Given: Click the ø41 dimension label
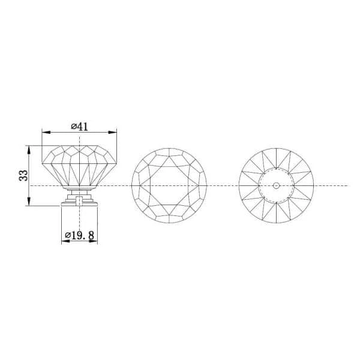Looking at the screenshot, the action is (79, 127).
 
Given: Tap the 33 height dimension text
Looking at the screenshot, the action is (23, 175).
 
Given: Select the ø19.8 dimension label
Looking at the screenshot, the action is (79, 235).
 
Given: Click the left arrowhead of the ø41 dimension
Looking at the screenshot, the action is (46, 132).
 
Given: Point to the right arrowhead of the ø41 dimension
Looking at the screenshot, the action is (113, 132).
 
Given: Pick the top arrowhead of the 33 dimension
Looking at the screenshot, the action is (29, 149).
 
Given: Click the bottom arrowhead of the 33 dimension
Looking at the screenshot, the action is (29, 202).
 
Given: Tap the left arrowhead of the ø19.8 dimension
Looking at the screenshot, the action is (66, 241).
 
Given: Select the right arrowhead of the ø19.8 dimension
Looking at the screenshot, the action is (93, 241).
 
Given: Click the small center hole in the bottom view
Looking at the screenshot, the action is (276, 185).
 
